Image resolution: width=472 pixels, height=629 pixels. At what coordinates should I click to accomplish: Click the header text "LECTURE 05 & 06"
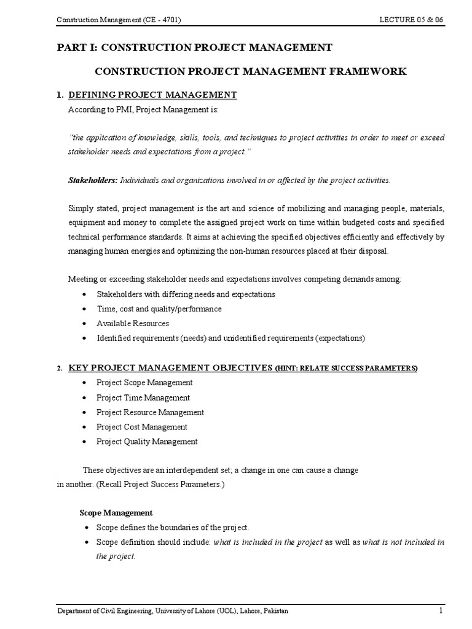(x=411, y=20)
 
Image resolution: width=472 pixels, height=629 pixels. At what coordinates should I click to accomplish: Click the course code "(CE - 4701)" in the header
(x=162, y=20)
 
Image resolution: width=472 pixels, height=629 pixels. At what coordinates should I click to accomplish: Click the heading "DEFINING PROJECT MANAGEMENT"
(x=152, y=95)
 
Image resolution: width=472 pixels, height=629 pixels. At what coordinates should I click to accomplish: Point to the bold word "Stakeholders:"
(x=92, y=180)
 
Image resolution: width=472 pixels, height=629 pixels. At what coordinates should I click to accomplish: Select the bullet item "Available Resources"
(x=132, y=324)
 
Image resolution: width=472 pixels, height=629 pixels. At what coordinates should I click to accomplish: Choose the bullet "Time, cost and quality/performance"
(x=159, y=309)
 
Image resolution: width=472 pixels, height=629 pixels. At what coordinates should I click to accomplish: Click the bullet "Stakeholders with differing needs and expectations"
(x=186, y=294)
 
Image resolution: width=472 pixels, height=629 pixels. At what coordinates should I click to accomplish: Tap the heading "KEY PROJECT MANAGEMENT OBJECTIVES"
(x=170, y=367)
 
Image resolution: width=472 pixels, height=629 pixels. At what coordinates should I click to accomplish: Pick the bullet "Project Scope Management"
(x=144, y=383)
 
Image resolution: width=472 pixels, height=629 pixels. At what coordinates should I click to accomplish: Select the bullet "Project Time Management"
(x=143, y=397)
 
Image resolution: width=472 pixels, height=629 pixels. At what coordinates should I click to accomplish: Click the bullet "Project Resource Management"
(x=150, y=412)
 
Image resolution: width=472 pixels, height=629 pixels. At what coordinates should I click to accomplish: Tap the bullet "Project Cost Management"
(x=142, y=427)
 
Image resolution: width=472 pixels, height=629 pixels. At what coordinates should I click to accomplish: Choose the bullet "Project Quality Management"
(x=147, y=442)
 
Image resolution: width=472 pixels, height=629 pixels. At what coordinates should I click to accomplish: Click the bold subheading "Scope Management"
(x=116, y=513)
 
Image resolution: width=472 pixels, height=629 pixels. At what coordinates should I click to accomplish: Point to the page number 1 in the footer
(x=441, y=611)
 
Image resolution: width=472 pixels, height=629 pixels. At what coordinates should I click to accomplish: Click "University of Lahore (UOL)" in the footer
(x=213, y=611)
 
